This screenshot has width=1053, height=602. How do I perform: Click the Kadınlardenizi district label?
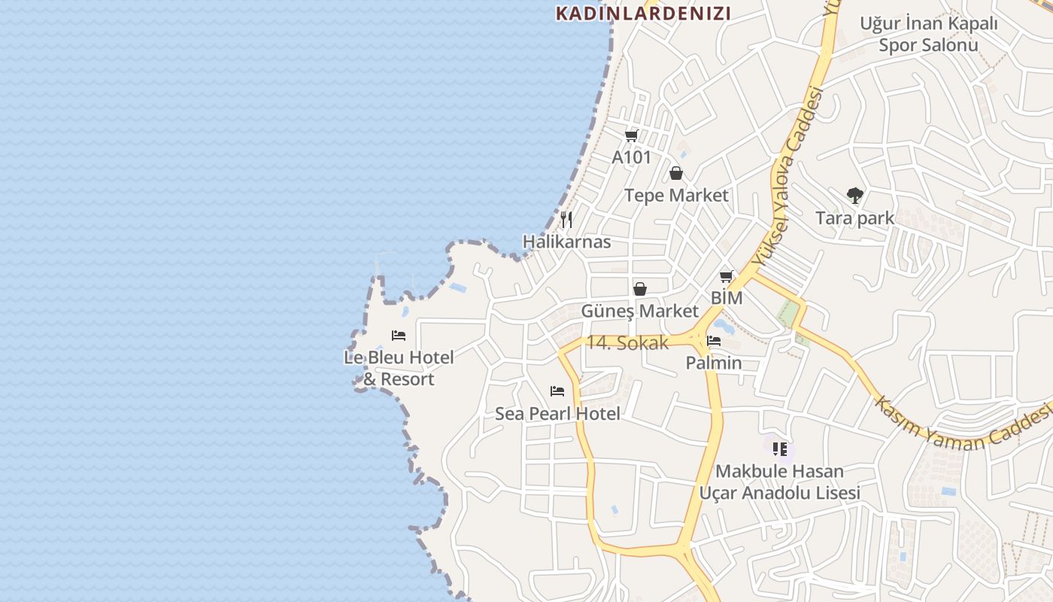pos(643,13)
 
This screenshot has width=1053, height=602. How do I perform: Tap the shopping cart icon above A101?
pos(631,136)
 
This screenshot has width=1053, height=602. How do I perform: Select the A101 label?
pos(631,157)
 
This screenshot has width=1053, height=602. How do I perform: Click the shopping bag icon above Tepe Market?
pos(676,174)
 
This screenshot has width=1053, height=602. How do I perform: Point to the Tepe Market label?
pos(676,196)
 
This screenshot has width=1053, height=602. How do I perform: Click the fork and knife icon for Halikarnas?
pos(566,220)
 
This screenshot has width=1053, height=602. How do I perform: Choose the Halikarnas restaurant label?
pos(566,242)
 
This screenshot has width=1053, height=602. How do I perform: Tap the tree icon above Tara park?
pos(854,196)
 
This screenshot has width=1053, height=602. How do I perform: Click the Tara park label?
pos(854,218)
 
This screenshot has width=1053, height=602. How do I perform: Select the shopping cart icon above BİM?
pos(726,276)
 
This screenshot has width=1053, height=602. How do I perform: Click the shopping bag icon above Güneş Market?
pos(639,289)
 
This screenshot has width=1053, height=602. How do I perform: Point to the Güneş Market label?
pos(639,311)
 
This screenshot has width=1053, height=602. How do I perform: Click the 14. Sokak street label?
pos(627,342)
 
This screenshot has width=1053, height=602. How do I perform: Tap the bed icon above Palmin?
pos(714,342)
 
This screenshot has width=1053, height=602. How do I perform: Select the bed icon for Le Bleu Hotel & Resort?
pos(399,336)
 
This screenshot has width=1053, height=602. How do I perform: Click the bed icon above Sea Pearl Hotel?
pos(557,391)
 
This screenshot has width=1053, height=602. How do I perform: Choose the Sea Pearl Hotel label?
pos(557,414)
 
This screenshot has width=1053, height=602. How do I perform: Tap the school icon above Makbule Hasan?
pos(780,449)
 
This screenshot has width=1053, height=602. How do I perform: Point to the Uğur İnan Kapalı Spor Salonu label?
pos(929,34)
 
